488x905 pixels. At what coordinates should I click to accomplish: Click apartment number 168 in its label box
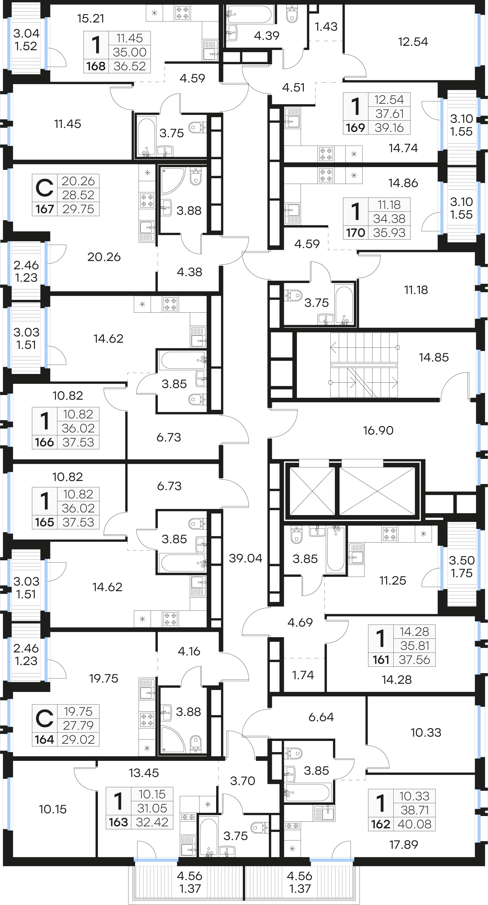click(x=96, y=66)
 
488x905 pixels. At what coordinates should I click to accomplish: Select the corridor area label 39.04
click(x=245, y=558)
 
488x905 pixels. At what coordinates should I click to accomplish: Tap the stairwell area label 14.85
click(x=433, y=357)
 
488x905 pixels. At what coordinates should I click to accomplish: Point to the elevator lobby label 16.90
click(x=378, y=430)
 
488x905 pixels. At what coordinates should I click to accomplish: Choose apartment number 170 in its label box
click(x=356, y=233)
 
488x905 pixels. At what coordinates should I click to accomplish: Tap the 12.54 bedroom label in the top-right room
click(x=413, y=42)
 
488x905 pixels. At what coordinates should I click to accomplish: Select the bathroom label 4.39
click(x=266, y=36)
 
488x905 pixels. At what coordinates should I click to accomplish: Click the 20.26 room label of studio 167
click(x=104, y=257)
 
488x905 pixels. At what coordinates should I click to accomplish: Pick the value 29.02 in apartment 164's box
click(x=78, y=739)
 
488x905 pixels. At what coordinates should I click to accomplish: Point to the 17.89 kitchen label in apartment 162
click(x=404, y=845)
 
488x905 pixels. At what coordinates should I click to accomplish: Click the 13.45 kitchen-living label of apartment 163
click(x=144, y=773)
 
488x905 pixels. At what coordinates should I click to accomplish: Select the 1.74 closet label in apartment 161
click(x=303, y=675)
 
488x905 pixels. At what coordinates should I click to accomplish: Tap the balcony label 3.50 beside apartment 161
click(x=462, y=560)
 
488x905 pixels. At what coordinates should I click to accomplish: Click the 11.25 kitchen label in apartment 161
click(x=392, y=581)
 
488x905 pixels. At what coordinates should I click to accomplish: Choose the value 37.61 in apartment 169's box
click(x=389, y=113)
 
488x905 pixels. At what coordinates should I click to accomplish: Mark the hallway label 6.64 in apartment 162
click(x=321, y=717)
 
